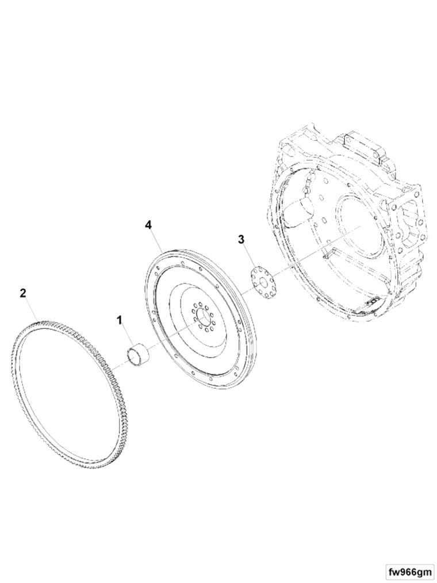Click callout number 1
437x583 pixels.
click(120, 320)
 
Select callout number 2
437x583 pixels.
click(23, 293)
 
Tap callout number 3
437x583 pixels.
click(241, 239)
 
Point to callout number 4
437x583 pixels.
click(149, 225)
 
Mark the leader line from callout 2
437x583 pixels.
click(31, 309)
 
